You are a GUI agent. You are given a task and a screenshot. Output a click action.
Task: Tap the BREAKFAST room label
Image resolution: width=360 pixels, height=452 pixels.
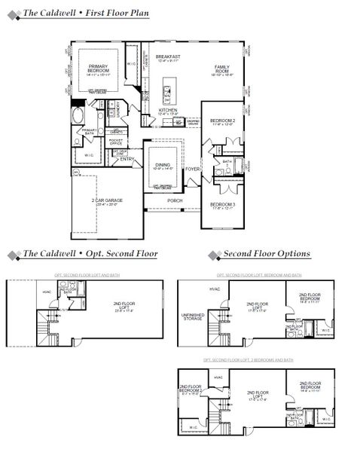point(167,56)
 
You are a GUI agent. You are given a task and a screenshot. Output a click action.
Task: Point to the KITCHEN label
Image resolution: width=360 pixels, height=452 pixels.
point(167,111)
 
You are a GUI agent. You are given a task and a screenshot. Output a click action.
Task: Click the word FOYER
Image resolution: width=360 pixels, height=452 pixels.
point(193,169)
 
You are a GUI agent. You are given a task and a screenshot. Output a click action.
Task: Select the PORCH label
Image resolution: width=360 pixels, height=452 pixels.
point(175,200)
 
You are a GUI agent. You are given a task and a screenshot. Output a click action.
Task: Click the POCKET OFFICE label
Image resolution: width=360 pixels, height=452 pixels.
point(116,142)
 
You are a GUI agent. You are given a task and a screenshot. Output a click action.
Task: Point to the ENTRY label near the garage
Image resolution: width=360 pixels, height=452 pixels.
point(127,159)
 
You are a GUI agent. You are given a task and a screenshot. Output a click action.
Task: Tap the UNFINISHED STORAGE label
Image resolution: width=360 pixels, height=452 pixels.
point(193,316)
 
